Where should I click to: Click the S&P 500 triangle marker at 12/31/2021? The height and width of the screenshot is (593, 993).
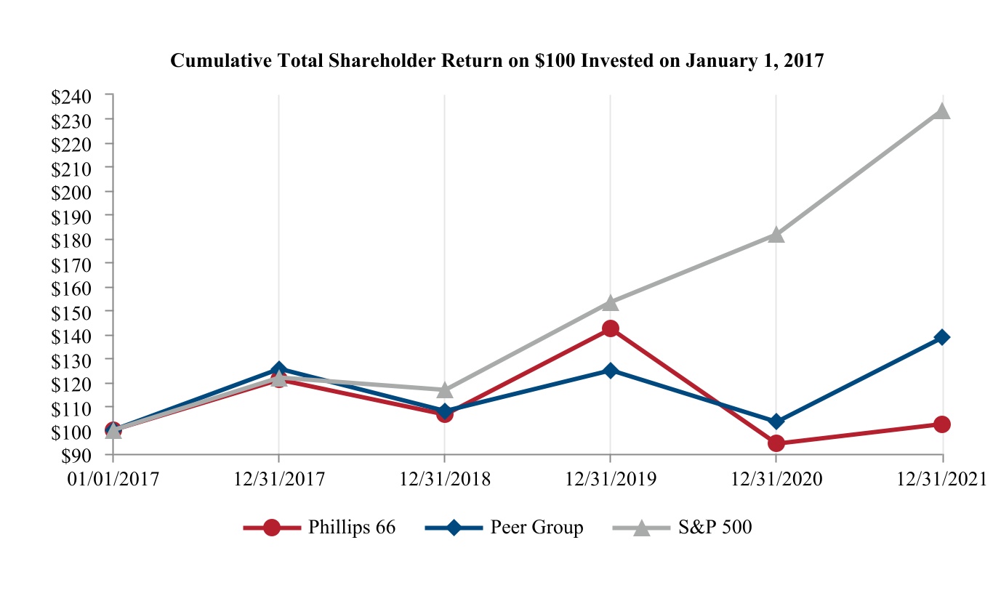942,111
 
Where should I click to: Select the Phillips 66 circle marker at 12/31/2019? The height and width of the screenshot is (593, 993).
611,328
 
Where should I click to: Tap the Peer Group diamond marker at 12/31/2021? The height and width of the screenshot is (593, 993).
942,337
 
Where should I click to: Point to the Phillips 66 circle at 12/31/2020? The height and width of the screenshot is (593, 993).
776,443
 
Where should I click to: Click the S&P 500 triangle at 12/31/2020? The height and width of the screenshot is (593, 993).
776,235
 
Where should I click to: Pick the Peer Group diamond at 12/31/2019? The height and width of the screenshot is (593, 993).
611,371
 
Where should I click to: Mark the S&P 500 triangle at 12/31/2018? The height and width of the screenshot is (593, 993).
445,390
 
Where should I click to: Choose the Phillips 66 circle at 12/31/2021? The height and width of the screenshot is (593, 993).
942,424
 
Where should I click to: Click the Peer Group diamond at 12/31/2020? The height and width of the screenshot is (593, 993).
776,421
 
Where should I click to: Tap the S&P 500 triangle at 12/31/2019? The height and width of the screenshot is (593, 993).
611,302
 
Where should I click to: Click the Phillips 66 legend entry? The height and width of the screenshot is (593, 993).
319,528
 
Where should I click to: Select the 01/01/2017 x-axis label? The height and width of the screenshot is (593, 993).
113,480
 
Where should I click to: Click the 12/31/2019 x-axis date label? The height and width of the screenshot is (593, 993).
611,480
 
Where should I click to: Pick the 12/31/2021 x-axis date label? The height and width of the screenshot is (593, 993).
942,480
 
